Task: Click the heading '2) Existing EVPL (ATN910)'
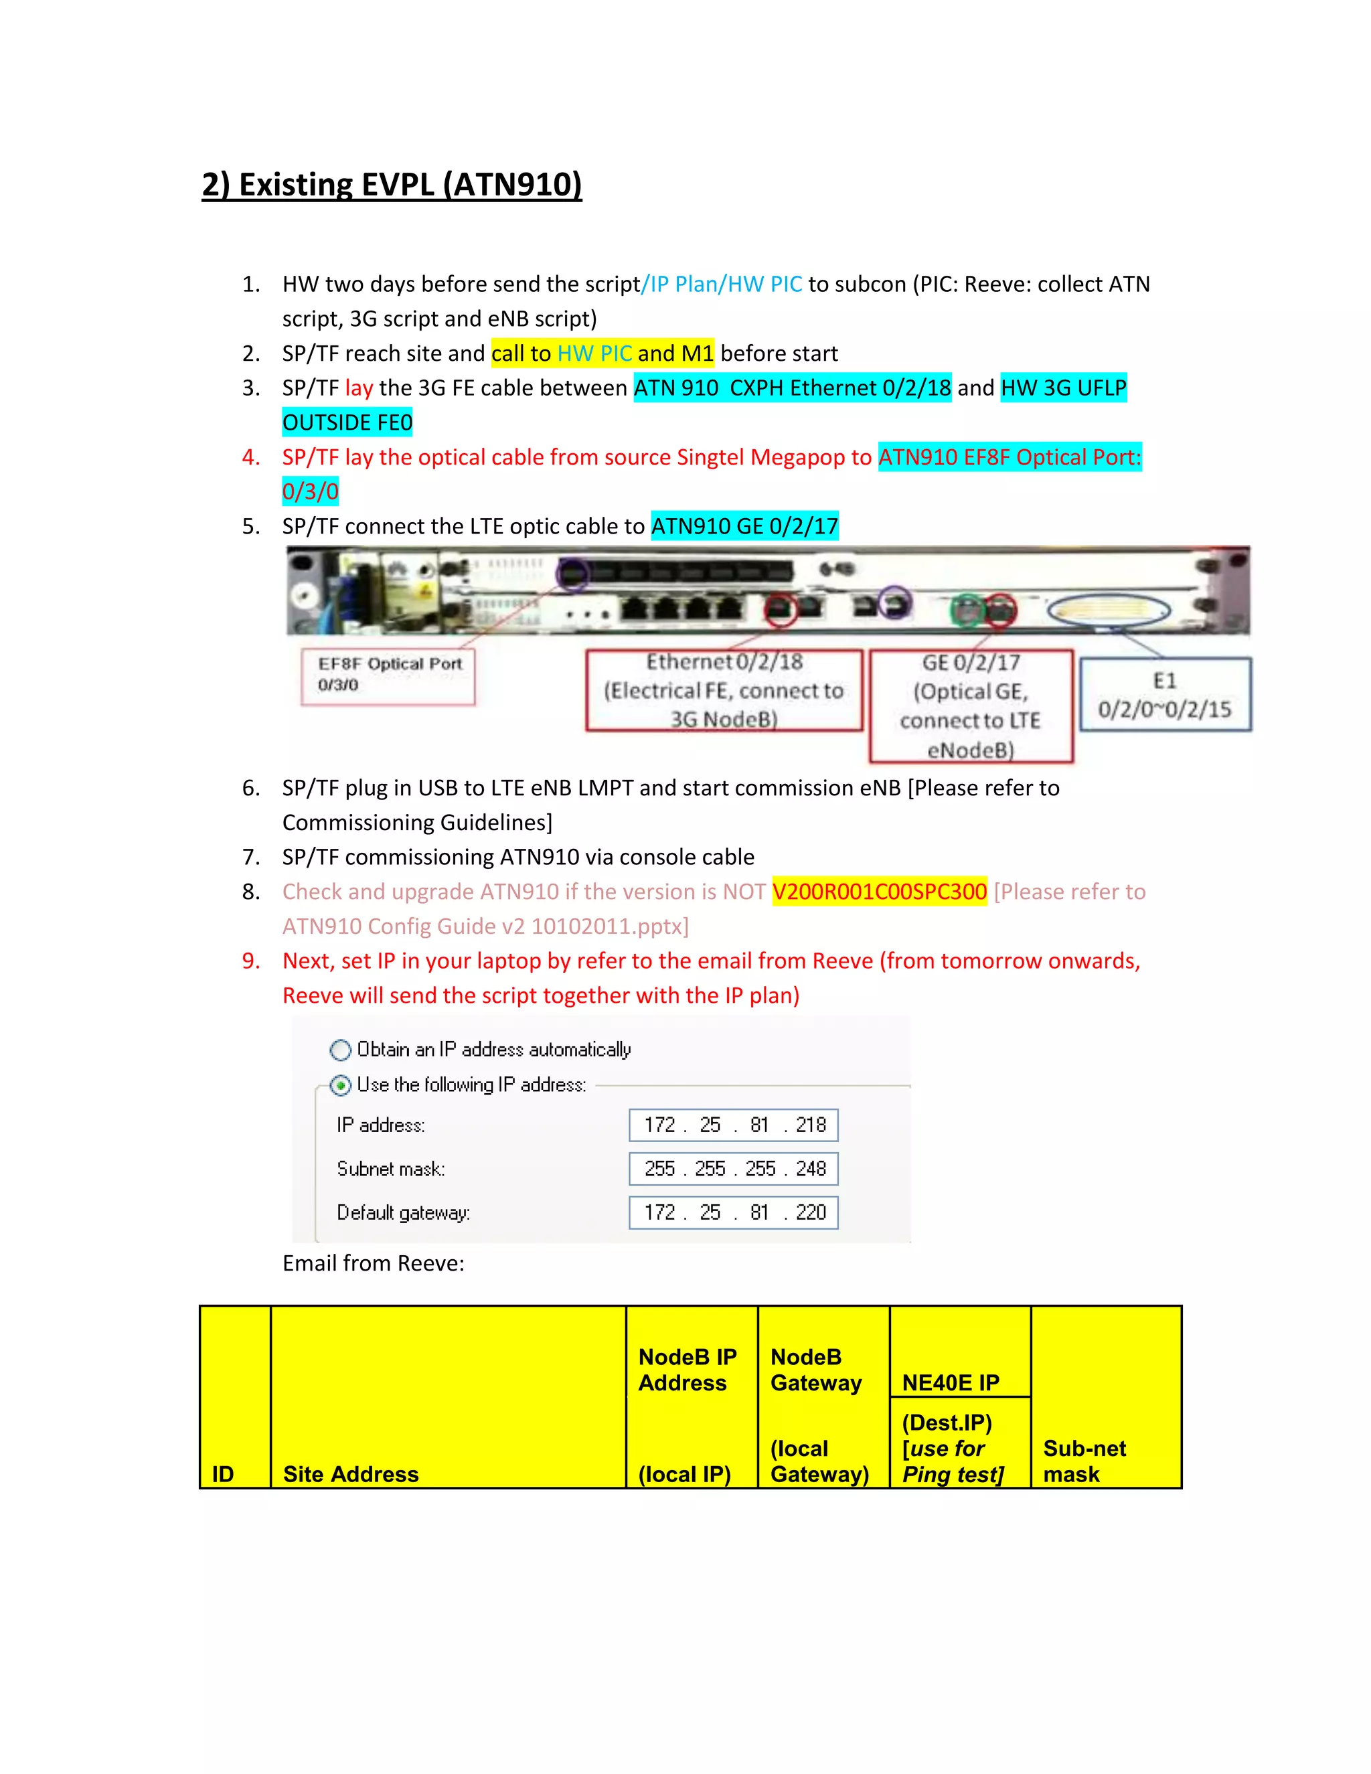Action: (392, 185)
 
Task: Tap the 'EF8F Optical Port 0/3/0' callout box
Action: (388, 676)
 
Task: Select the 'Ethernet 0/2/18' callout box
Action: (724, 690)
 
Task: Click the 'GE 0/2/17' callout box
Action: (971, 706)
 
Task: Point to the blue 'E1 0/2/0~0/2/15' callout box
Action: (1165, 694)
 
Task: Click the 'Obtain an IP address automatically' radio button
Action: (340, 1050)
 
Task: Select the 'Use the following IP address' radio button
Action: (340, 1085)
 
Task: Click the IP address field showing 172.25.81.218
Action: (734, 1125)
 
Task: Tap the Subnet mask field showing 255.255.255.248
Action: (734, 1169)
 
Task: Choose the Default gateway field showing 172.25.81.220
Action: (734, 1213)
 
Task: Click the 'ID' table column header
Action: (224, 1473)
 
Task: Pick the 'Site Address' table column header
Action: (351, 1473)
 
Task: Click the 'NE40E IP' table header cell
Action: (951, 1382)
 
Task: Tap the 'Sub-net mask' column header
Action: (1084, 1461)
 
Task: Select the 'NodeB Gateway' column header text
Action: (815, 1370)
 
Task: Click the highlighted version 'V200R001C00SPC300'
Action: (879, 892)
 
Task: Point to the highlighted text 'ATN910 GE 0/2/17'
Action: (744, 526)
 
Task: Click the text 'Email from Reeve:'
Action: (374, 1263)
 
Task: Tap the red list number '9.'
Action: (251, 961)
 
